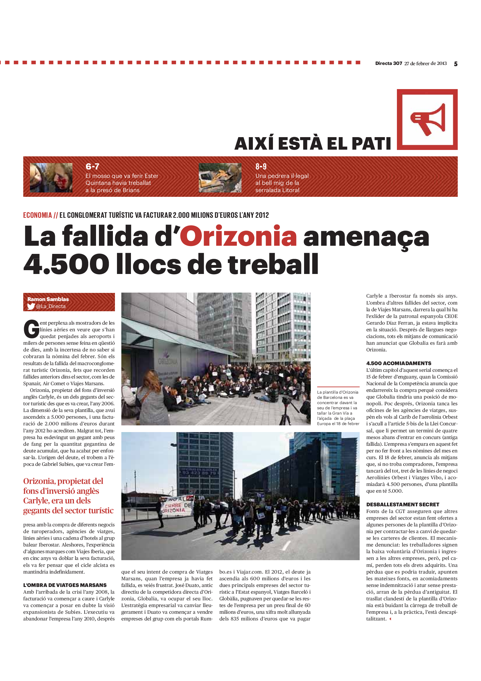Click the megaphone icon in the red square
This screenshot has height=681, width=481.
click(x=428, y=119)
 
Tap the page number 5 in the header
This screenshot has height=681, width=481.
click(x=455, y=64)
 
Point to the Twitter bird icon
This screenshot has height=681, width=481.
click(x=31, y=306)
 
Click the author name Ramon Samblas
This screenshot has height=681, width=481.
click(x=48, y=299)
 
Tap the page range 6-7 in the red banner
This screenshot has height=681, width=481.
click(x=92, y=167)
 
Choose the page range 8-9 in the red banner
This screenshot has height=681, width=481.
click(x=261, y=167)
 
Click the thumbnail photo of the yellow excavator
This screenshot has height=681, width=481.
click(x=220, y=178)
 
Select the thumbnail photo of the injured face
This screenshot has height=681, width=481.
click(x=51, y=178)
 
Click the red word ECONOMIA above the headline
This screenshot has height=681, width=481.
click(x=37, y=215)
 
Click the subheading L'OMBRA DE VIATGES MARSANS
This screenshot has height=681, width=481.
click(x=65, y=585)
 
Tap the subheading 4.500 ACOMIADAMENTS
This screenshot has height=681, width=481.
click(x=399, y=363)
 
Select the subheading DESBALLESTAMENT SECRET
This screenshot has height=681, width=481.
click(x=402, y=505)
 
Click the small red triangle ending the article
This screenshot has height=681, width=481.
click(x=390, y=619)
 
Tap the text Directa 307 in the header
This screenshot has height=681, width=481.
click(x=388, y=63)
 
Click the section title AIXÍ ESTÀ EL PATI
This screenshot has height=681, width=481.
click(x=313, y=144)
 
